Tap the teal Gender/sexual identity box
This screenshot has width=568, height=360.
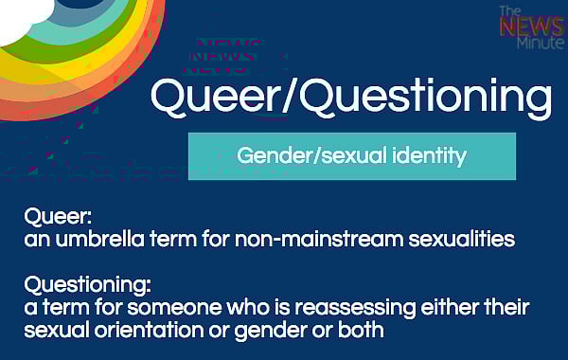pyautogui.click(x=351, y=155)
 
